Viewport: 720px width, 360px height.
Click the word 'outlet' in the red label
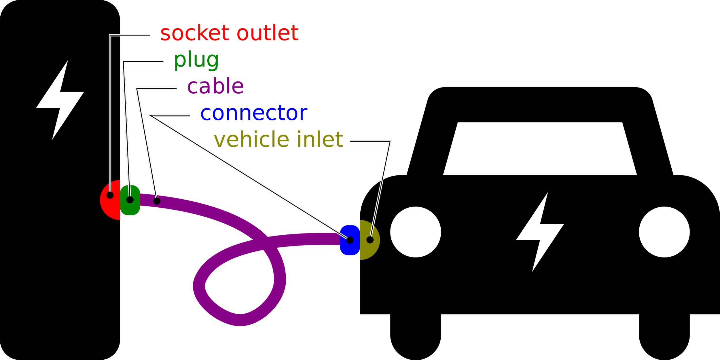coord(268,33)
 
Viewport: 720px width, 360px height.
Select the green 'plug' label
coord(196,60)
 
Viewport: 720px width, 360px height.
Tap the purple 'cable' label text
coord(215,86)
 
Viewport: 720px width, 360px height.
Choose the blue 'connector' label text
coord(254,113)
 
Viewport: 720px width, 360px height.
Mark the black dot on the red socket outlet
coord(110,195)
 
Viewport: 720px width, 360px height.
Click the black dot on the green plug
coord(130,200)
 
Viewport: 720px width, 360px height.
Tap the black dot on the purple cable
coord(157,201)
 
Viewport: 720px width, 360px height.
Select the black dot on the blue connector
coord(350,240)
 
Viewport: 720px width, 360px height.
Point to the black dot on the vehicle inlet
coord(370,240)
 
